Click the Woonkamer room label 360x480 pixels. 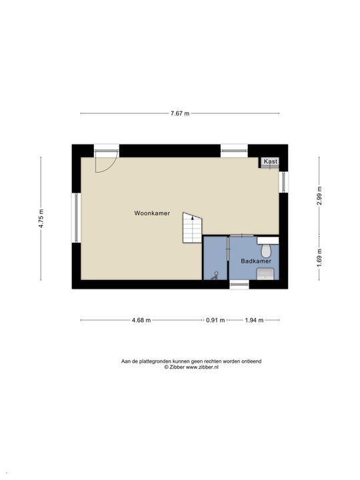coord(152,213)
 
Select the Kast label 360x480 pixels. coord(270,162)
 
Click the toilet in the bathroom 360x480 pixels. coord(267,249)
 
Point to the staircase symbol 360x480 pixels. coord(193,229)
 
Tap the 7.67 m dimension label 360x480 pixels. coord(179,113)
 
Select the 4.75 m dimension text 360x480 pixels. coord(41,219)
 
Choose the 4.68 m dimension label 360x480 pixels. coord(141,320)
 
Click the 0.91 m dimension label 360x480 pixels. coord(215,320)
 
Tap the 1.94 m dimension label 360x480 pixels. coord(254,320)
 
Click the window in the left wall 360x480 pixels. coord(77,218)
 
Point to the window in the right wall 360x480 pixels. coord(283,181)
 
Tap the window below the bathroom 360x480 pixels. coord(239,285)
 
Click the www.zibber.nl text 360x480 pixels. coord(201,367)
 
